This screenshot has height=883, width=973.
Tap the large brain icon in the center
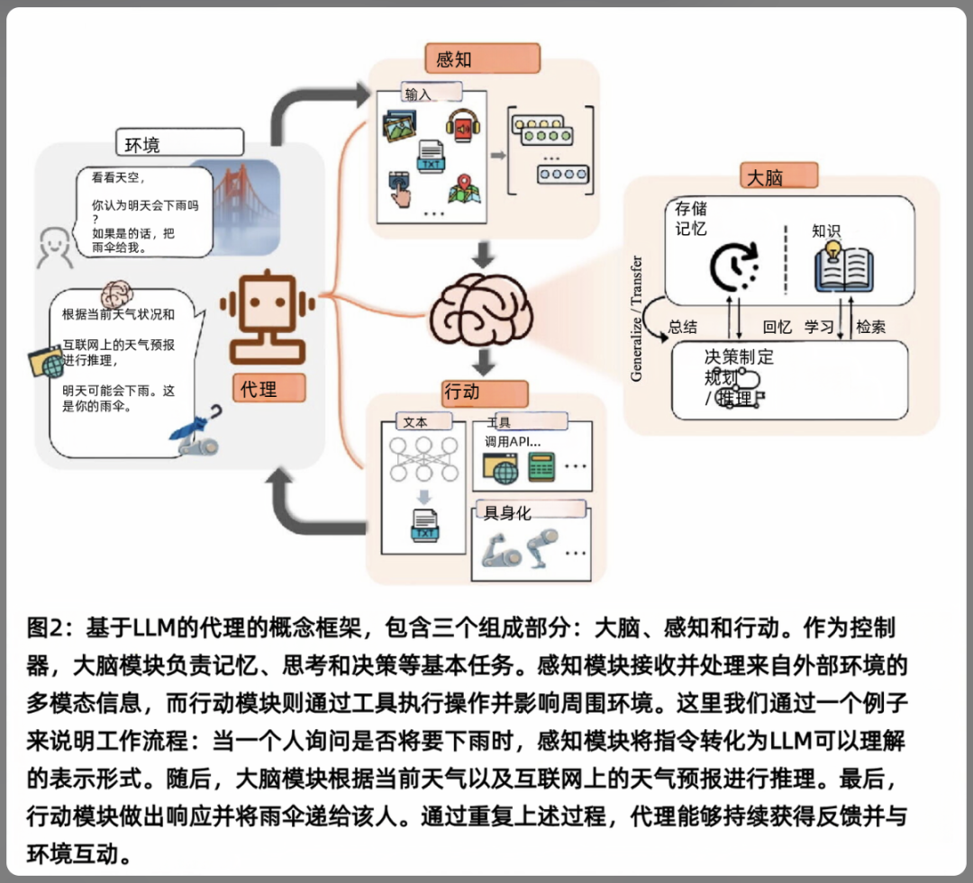pos(482,310)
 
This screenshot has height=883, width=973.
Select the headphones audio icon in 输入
pos(462,126)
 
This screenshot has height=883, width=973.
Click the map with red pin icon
pos(462,189)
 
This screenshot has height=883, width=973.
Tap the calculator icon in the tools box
pos(541,466)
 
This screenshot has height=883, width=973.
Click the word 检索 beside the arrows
pos(870,328)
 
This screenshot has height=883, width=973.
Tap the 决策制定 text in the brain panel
pos(739,356)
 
